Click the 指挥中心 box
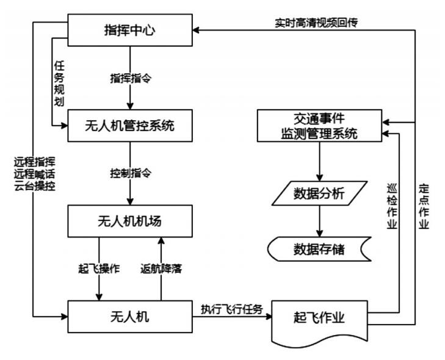[130, 29]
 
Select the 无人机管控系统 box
[130, 126]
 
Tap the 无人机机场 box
[130, 221]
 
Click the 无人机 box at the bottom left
[130, 317]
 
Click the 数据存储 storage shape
[319, 249]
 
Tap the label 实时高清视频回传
[315, 23]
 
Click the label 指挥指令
[130, 77]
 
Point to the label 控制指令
[130, 173]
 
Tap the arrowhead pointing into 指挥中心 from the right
[198, 29]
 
